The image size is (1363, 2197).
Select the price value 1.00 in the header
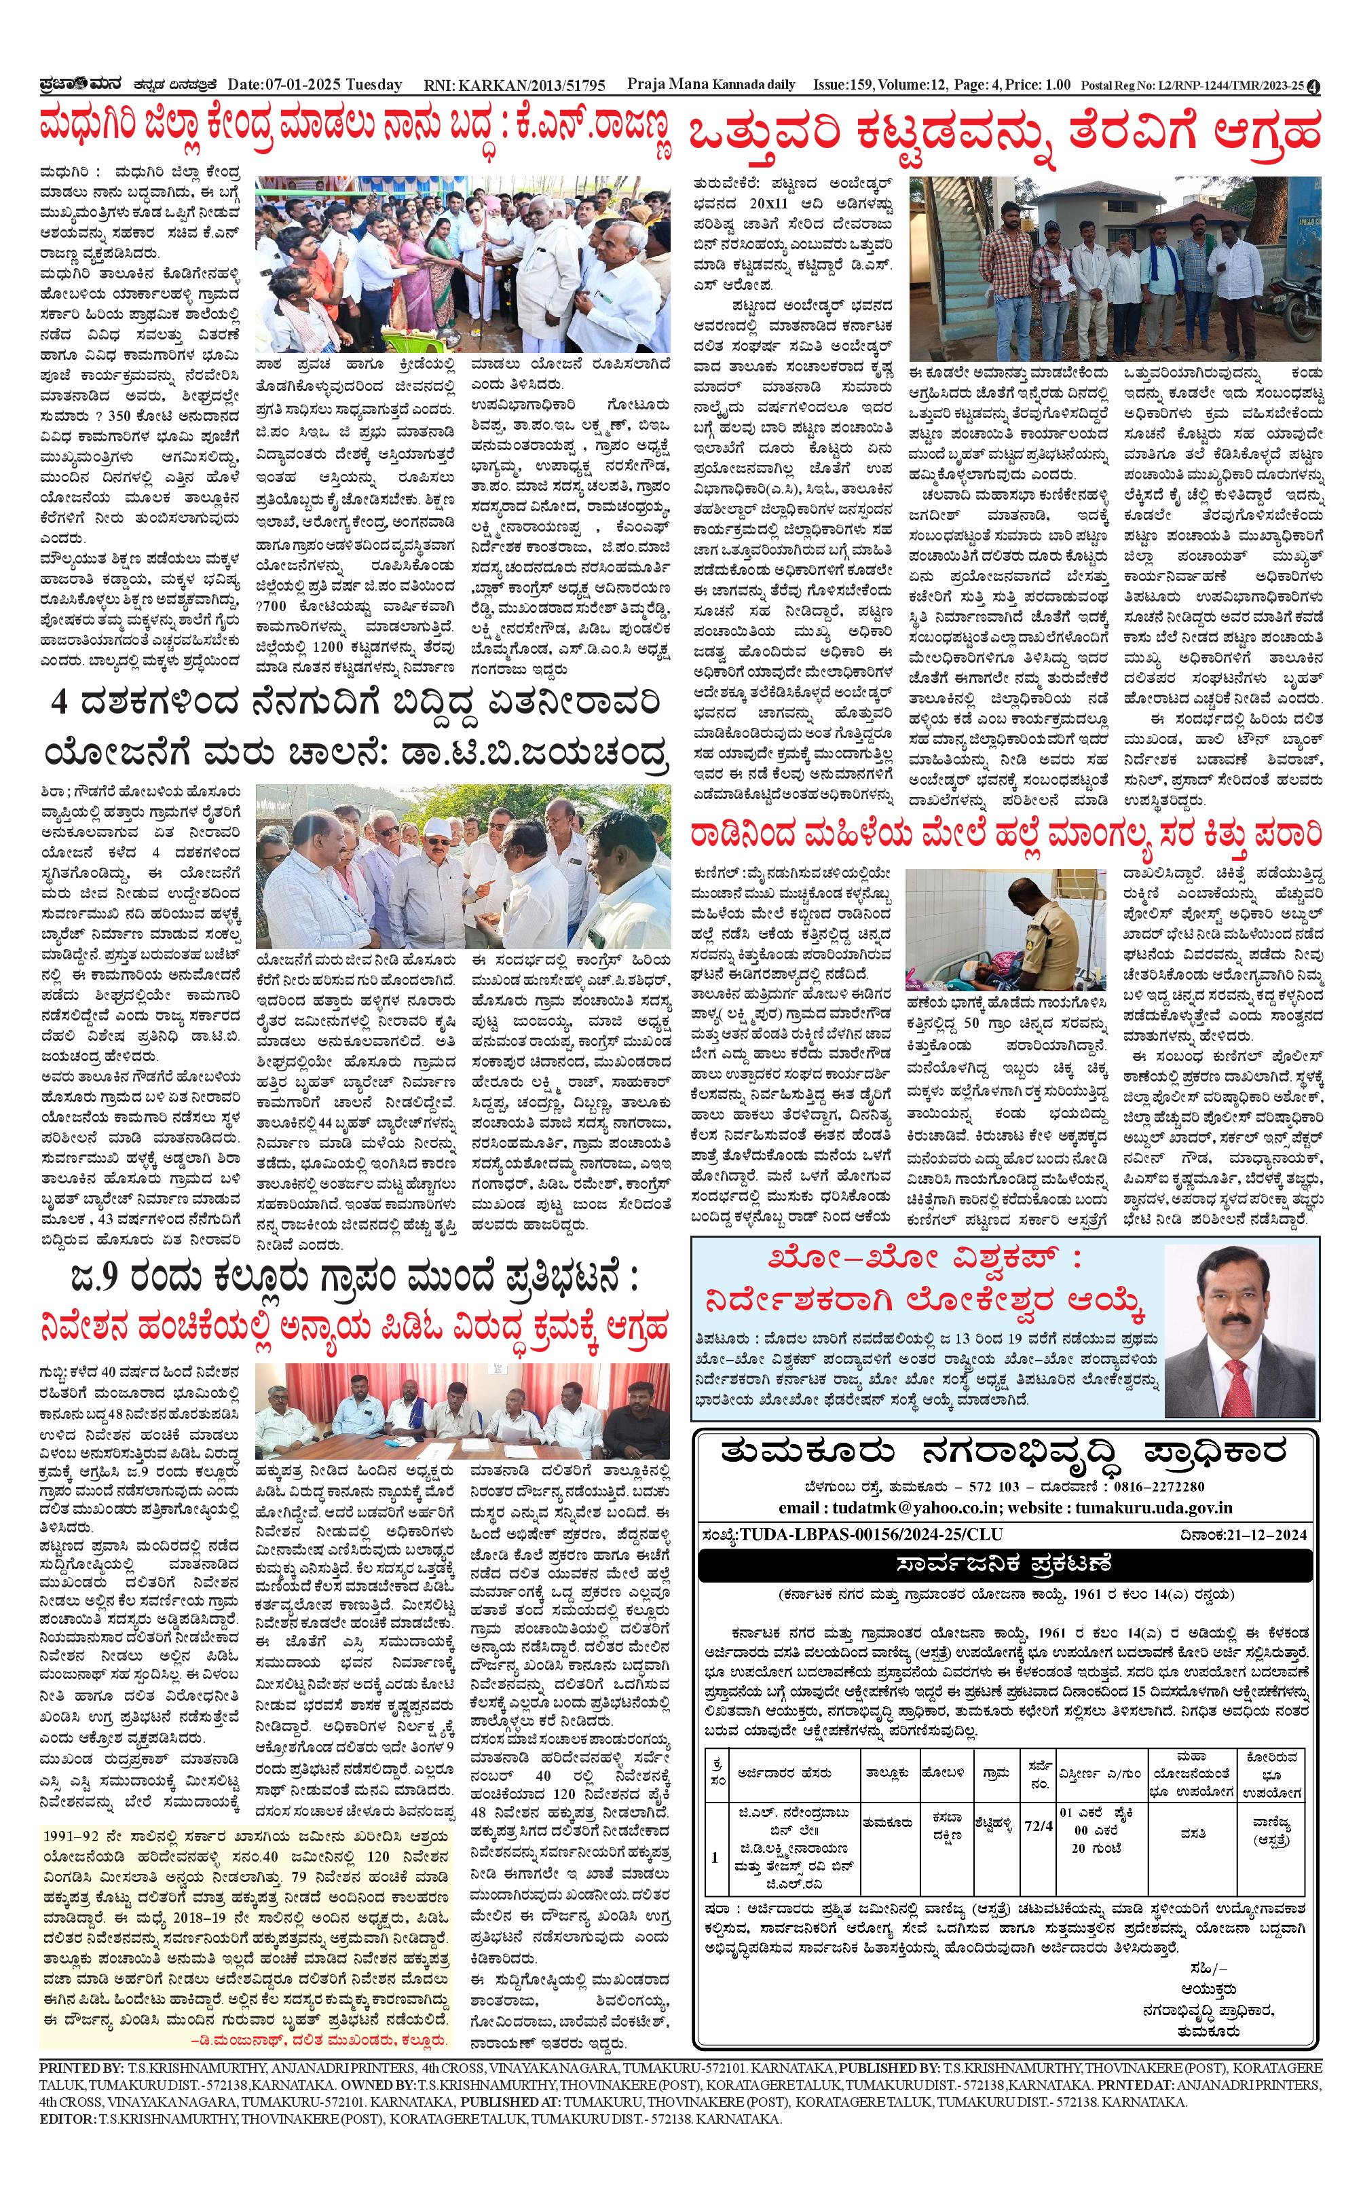point(1053,85)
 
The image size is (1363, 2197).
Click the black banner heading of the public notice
point(1005,1562)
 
